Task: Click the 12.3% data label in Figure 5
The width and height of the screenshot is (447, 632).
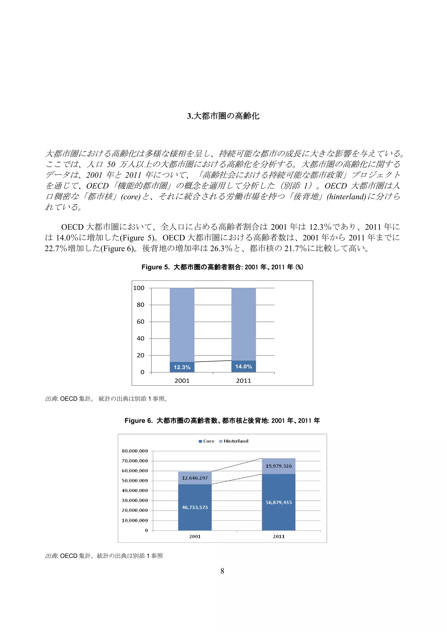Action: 182,367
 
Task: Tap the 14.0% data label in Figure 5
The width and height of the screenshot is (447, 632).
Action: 244,366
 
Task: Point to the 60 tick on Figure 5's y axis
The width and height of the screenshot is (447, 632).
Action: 140,321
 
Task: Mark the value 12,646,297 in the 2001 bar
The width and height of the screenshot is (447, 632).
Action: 195,478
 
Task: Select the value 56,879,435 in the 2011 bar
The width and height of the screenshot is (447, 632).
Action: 279,502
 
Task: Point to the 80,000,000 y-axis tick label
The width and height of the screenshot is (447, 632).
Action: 135,451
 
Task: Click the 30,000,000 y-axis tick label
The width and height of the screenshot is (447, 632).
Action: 135,500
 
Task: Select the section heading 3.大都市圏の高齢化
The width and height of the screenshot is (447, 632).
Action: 223,116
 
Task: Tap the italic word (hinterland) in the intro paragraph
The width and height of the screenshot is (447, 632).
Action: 346,197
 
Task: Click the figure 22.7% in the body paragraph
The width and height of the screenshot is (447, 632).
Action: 56,249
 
